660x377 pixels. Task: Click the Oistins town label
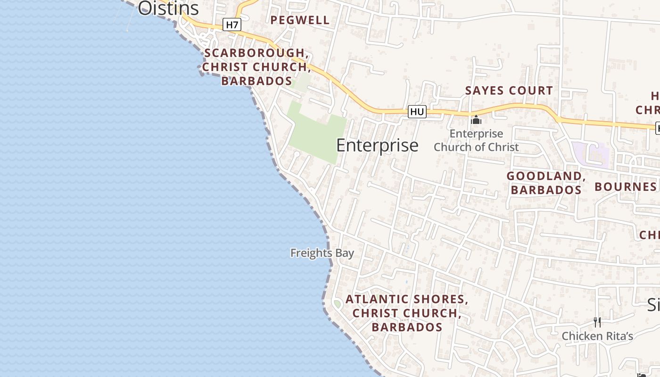(x=168, y=8)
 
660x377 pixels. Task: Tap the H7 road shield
(x=231, y=25)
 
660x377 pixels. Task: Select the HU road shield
(x=417, y=112)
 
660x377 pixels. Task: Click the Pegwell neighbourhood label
(x=300, y=20)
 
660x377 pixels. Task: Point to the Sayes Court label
(x=509, y=90)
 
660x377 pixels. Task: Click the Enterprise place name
(x=377, y=145)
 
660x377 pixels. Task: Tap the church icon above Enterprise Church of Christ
(x=476, y=120)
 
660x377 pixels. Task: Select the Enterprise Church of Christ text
(x=476, y=140)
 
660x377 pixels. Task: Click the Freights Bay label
(x=322, y=253)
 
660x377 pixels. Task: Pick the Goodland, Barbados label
(x=546, y=183)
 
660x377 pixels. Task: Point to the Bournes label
(x=625, y=187)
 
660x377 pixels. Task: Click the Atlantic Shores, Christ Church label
(x=406, y=306)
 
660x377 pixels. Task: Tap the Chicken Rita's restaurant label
(x=597, y=336)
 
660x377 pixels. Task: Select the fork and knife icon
(x=597, y=322)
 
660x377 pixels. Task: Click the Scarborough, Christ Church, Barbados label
(x=256, y=67)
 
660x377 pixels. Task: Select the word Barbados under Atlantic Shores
(x=406, y=327)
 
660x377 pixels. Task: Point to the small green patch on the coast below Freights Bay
(x=337, y=304)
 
